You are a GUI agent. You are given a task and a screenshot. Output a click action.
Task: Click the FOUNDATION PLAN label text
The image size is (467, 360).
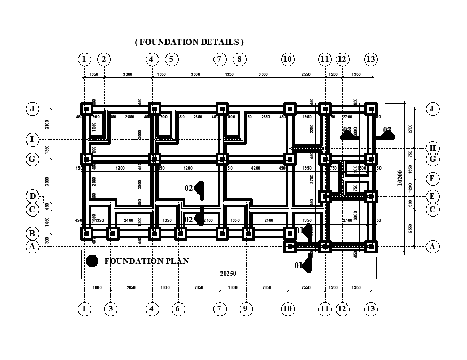click(146, 261)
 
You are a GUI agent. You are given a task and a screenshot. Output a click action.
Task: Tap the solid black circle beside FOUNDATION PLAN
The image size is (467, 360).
click(92, 261)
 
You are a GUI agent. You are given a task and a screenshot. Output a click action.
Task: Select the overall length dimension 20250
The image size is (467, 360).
click(228, 274)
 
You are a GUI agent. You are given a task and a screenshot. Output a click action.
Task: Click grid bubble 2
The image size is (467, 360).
click(104, 59)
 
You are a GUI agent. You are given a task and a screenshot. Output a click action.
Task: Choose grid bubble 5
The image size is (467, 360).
click(171, 59)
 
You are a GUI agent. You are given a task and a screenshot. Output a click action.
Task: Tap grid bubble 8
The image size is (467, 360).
click(240, 59)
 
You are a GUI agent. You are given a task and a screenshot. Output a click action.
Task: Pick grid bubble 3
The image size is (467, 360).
click(110, 309)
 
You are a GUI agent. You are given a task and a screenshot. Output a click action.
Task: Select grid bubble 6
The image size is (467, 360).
click(179, 309)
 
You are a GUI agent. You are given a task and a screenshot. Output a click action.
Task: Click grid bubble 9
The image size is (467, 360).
click(246, 309)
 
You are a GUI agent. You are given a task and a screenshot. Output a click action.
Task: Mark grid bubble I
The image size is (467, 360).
click(33, 140)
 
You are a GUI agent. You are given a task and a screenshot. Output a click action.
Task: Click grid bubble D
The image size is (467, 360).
click(33, 197)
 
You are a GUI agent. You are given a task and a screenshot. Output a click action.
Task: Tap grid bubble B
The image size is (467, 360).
click(33, 234)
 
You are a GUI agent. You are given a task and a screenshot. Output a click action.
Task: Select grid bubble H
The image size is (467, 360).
click(432, 149)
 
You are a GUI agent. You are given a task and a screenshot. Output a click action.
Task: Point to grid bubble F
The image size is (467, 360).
click(432, 179)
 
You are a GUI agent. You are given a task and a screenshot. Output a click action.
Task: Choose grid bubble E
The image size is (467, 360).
click(432, 196)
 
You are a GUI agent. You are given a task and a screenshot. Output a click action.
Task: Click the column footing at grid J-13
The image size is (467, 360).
click(370, 109)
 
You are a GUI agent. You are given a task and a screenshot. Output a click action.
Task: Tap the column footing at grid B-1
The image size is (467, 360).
click(86, 233)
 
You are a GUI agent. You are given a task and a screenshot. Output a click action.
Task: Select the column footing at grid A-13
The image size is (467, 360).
click(370, 246)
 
